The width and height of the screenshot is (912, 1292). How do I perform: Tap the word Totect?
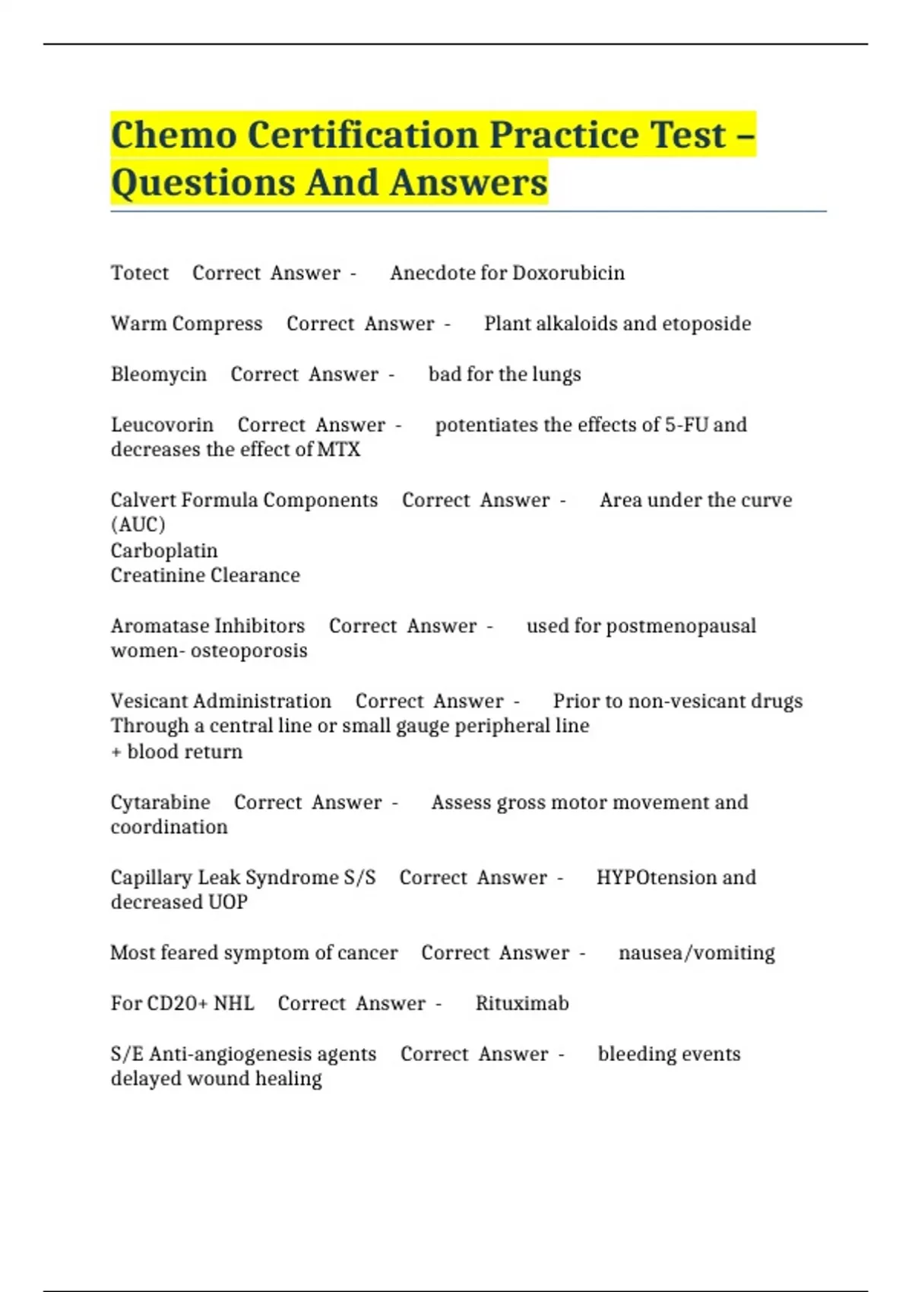point(140,273)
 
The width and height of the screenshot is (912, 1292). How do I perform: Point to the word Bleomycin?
point(159,375)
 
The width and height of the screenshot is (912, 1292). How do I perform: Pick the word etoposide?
point(706,324)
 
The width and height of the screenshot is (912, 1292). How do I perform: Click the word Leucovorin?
point(162,425)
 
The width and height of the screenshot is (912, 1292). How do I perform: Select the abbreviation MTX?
point(338,450)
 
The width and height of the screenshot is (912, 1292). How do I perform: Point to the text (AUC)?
point(138,525)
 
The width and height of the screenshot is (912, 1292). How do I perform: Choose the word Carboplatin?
point(164,551)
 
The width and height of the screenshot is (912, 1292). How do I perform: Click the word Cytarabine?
point(160,803)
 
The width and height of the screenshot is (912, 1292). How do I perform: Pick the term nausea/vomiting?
point(696,953)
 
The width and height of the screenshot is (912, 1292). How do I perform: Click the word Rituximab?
point(522,1004)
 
